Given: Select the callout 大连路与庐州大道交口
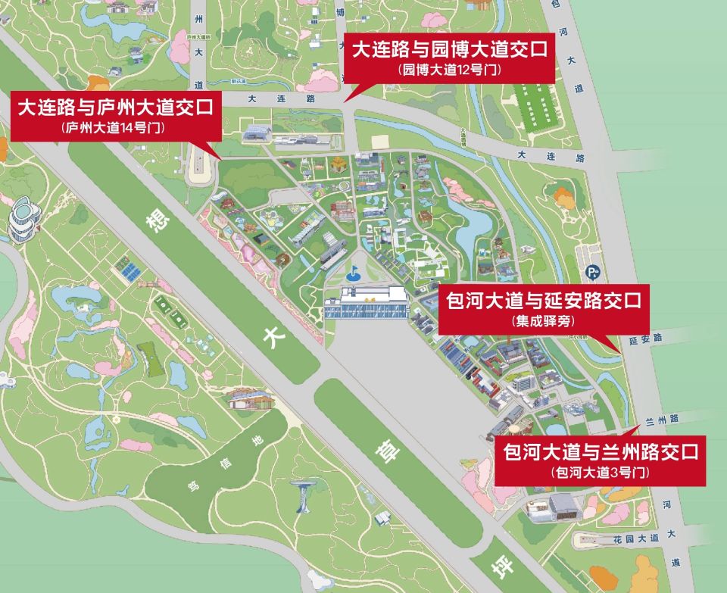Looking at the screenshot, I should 116,107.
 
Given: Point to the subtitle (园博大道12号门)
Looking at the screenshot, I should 449,70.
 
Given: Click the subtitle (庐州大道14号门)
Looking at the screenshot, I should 116,128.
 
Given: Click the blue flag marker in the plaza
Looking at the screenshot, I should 352,270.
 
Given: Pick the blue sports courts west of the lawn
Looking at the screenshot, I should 126,269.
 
